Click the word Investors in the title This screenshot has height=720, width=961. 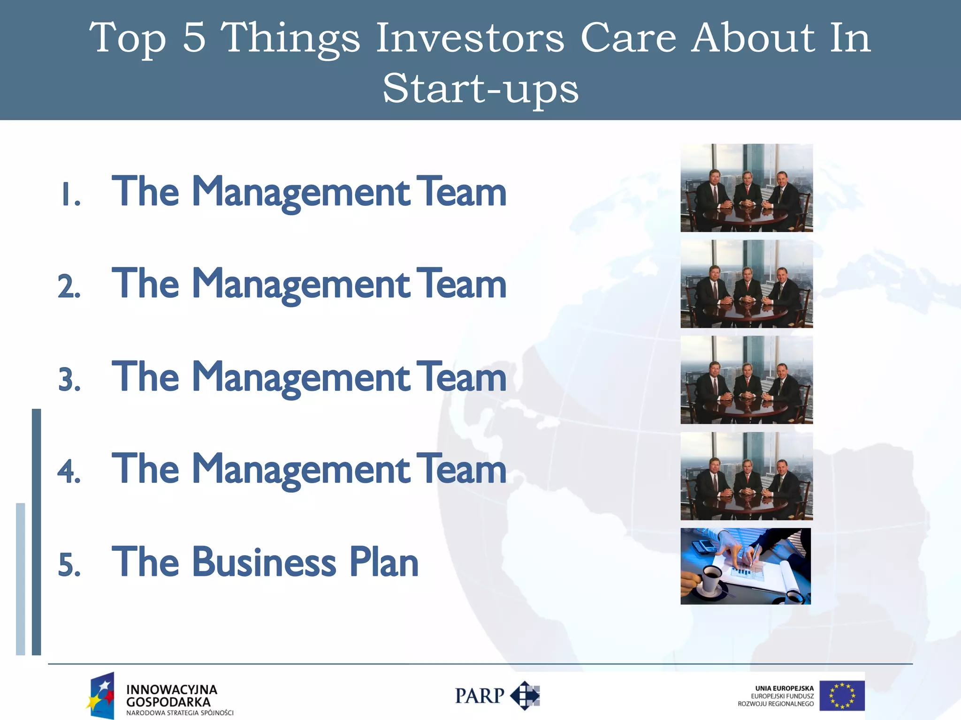[470, 38]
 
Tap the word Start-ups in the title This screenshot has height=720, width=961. [480, 89]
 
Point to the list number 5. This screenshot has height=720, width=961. [69, 565]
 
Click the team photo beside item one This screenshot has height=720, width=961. [746, 187]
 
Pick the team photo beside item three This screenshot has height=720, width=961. [746, 380]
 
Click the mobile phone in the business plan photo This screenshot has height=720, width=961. [704, 546]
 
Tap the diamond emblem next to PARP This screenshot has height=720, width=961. [526, 696]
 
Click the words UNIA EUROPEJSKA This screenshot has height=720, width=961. [784, 688]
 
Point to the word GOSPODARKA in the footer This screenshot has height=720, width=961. [168, 702]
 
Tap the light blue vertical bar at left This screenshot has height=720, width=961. [21, 579]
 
